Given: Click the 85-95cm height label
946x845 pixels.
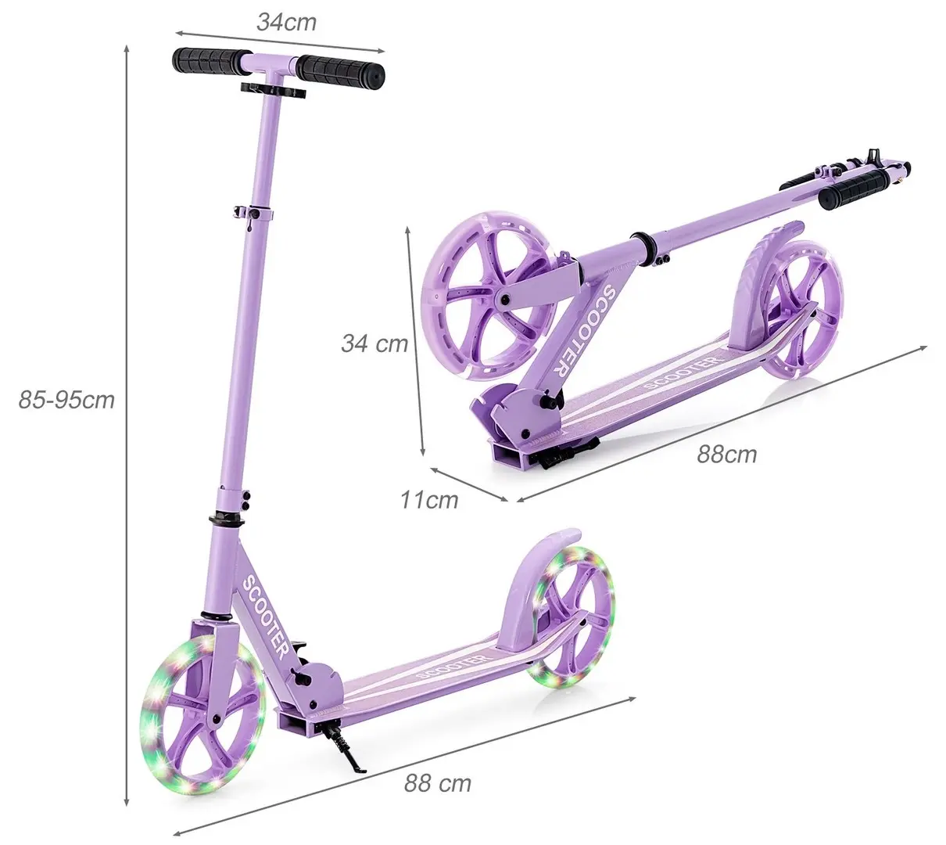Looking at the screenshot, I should tap(66, 400).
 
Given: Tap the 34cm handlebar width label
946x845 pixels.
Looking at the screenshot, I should tap(286, 22).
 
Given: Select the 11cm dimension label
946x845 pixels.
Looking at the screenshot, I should tap(429, 499).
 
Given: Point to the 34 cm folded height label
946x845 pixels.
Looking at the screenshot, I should tap(374, 343).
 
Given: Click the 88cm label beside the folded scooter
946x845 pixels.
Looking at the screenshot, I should tap(726, 454).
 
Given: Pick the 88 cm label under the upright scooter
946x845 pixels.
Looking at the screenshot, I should tap(438, 782).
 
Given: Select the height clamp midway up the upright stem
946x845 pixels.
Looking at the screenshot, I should tap(256, 212).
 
